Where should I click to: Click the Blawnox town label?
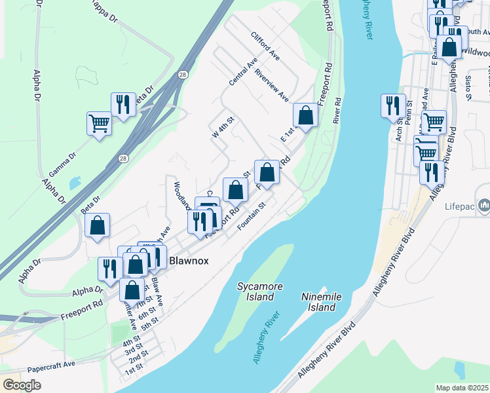click(189, 260)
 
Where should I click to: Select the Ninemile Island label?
click(322, 302)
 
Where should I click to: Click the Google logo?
click(22, 385)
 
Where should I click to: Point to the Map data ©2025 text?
click(462, 388)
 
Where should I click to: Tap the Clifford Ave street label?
click(265, 45)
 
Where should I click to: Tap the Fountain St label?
click(251, 215)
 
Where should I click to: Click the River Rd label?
click(337, 111)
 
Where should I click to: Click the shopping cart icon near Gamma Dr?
click(99, 122)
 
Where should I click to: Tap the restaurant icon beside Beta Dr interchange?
click(123, 103)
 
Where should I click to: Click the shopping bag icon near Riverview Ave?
click(305, 115)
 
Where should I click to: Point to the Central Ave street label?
click(243, 72)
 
